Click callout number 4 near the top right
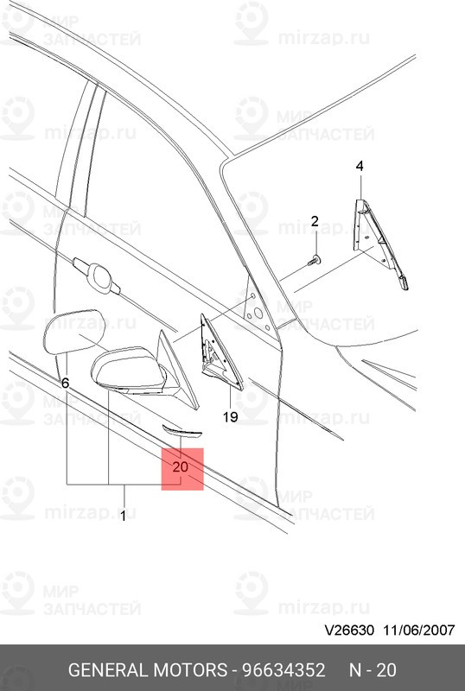360,166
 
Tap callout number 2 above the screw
315,222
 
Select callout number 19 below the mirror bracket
229,417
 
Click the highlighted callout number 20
181,466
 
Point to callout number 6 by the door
65,382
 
